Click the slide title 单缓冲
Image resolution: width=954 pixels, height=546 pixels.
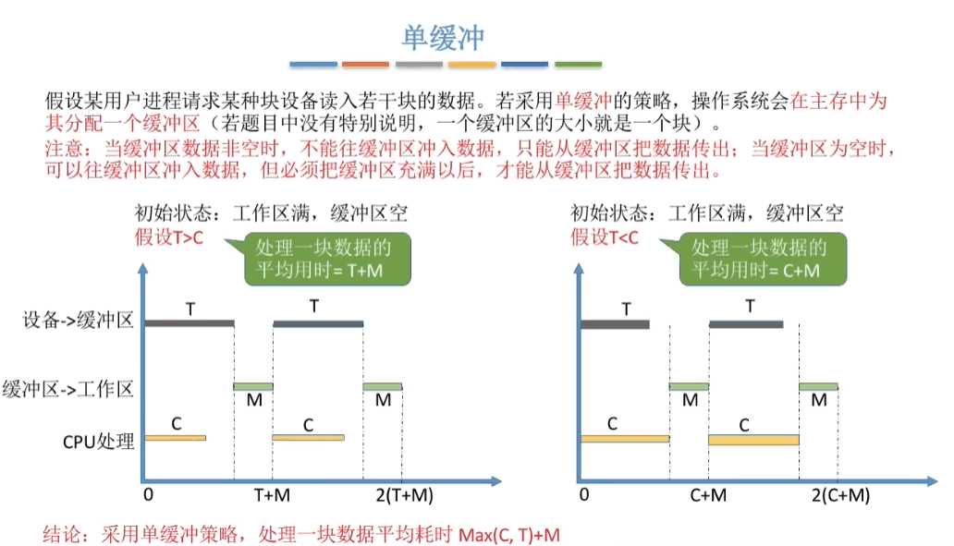tap(443, 36)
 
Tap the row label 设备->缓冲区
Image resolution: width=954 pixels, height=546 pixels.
tap(79, 322)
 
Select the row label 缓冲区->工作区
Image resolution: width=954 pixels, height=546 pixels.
tap(69, 388)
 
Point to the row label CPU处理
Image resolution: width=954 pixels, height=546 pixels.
tap(99, 441)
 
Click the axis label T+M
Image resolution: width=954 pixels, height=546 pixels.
tap(273, 495)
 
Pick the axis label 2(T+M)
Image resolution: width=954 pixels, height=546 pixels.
tap(404, 495)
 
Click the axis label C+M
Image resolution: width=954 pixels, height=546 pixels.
tap(708, 495)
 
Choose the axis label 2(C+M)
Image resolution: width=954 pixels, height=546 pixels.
tap(840, 495)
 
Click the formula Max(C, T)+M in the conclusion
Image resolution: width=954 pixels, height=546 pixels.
tap(509, 535)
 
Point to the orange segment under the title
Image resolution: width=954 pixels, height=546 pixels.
tap(365, 65)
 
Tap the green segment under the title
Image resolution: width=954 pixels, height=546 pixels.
tap(578, 65)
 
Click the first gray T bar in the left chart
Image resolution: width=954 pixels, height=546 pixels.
tap(189, 323)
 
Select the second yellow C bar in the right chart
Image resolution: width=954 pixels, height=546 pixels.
tap(753, 440)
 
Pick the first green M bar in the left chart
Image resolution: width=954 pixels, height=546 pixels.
tap(252, 386)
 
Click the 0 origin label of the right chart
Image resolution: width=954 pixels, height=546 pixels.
tap(583, 495)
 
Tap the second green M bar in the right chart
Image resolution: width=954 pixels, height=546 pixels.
tap(818, 386)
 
